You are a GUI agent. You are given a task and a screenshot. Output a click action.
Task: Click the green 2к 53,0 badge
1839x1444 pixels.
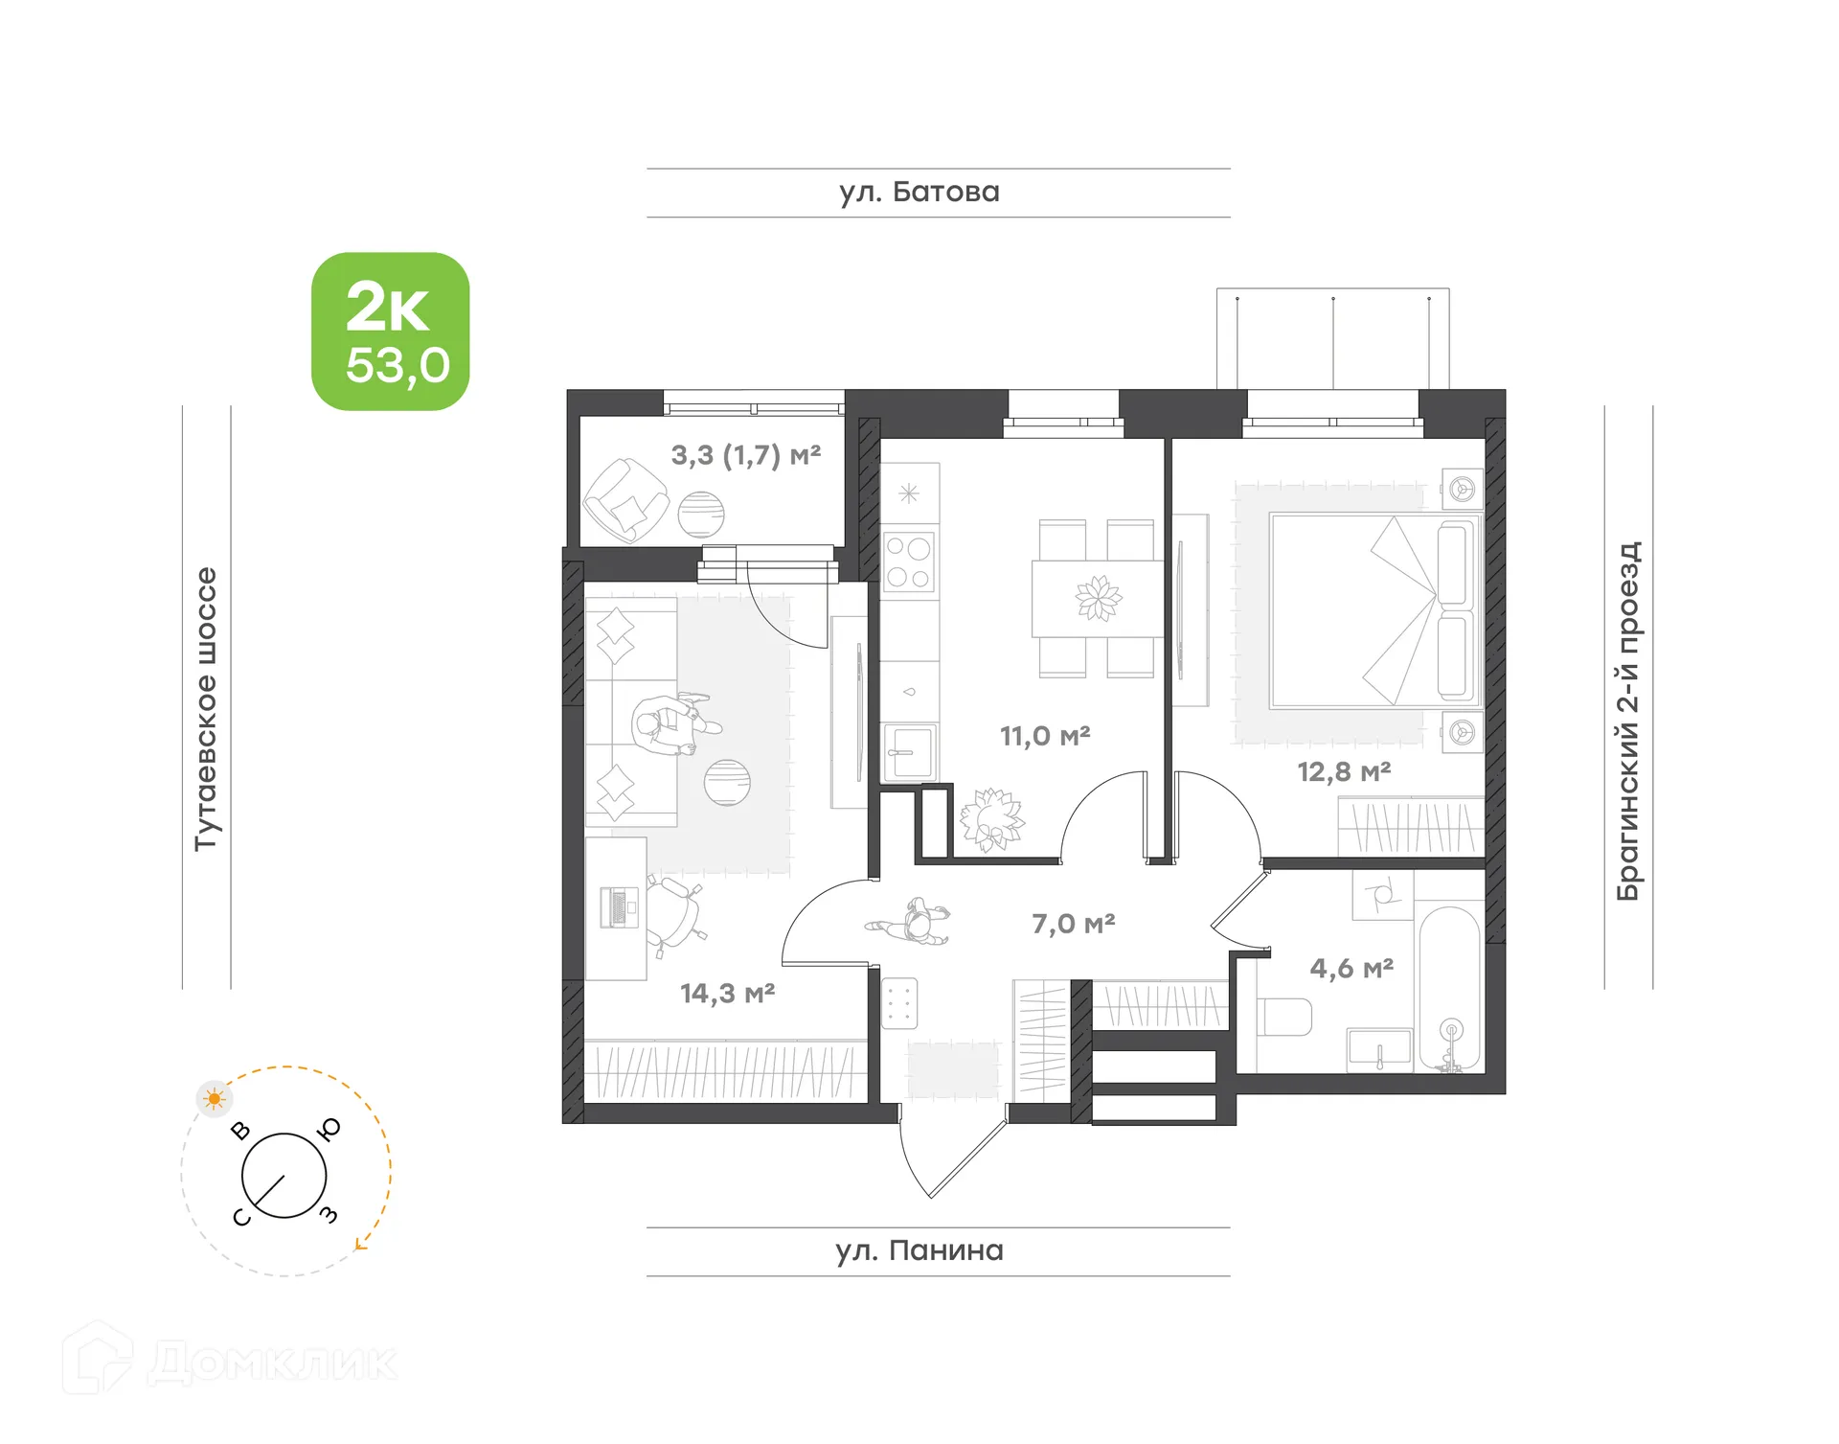tap(390, 332)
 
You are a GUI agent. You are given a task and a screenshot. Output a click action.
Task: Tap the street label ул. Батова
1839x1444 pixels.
tap(919, 193)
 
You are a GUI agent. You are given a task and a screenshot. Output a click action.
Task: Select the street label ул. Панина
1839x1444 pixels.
tap(919, 1250)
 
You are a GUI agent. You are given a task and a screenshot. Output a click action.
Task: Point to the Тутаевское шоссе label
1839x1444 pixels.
tap(206, 708)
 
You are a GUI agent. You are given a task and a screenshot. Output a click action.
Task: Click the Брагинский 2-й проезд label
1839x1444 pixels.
tap(1628, 721)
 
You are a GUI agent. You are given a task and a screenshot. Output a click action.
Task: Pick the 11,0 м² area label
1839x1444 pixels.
tap(1045, 736)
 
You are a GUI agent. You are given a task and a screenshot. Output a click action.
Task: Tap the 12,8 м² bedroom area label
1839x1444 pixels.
tap(1344, 771)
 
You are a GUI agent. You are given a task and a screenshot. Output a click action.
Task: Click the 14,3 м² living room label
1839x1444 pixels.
tap(727, 993)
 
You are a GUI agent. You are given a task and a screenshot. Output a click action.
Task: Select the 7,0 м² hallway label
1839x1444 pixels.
tap(1073, 924)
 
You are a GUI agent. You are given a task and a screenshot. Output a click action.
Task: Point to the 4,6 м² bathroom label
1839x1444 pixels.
tap(1351, 968)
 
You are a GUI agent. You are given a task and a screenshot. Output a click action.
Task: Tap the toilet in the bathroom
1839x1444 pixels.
tap(1283, 1017)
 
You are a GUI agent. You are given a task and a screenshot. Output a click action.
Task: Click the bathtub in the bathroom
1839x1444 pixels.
tap(1450, 987)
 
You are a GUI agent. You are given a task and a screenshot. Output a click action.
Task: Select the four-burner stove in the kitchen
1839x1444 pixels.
tap(908, 562)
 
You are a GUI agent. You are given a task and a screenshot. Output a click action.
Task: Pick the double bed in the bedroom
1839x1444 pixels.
tap(1374, 610)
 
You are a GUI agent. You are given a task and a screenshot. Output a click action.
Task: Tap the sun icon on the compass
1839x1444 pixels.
tap(215, 1098)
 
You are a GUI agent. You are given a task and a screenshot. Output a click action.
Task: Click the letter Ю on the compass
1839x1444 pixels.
tap(330, 1130)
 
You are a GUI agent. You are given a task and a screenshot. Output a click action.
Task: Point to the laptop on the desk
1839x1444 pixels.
tap(618, 907)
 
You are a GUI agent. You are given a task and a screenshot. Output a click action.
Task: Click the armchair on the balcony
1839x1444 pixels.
tap(624, 500)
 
